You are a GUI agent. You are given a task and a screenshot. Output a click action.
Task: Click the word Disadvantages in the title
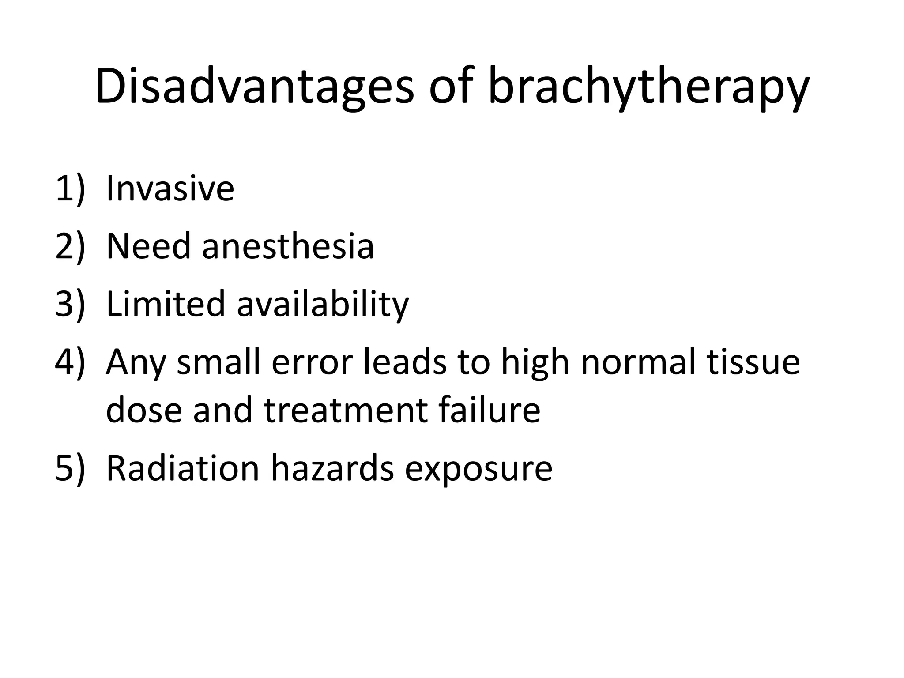[254, 87]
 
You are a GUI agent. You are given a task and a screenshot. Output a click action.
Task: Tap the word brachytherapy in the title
[648, 87]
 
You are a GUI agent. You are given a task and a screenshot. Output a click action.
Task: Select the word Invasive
[170, 189]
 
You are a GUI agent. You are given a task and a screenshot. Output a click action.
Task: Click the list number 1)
[69, 189]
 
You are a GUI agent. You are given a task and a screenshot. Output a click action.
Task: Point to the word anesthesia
[288, 246]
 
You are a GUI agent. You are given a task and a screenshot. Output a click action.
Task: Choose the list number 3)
[69, 304]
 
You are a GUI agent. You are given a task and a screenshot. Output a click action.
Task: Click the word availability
[323, 304]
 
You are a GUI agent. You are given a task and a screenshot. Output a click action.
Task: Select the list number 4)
[69, 362]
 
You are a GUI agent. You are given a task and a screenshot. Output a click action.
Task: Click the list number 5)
[69, 468]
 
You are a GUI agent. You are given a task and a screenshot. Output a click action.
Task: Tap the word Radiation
[183, 468]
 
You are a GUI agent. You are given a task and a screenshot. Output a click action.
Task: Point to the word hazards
[332, 468]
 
